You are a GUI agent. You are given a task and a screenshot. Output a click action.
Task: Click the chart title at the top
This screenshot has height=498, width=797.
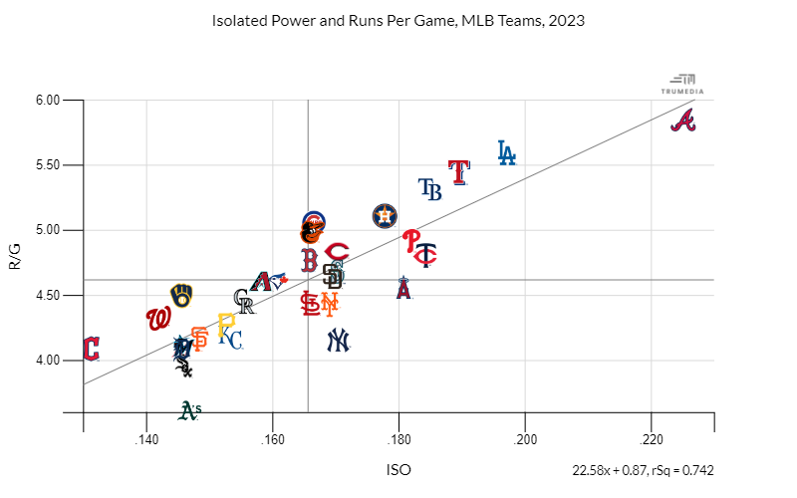(398, 20)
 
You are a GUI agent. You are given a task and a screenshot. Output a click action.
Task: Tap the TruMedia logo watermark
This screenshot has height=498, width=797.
(682, 84)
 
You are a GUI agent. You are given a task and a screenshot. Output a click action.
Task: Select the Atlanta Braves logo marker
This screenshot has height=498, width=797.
(682, 122)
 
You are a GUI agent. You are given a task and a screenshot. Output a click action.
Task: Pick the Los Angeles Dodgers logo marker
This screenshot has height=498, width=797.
(507, 152)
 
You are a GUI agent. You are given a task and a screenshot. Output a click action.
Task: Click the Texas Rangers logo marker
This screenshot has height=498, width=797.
(458, 171)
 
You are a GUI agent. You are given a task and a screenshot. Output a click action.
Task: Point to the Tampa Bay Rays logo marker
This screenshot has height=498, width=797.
(430, 188)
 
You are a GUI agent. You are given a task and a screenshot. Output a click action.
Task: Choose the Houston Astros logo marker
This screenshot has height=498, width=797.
(385, 215)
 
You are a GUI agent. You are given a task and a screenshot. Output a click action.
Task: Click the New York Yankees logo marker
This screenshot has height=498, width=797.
(339, 341)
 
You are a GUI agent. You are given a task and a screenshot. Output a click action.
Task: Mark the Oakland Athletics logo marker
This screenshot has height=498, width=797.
(190, 408)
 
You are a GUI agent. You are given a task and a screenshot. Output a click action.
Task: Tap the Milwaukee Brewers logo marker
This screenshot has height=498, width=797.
(181, 295)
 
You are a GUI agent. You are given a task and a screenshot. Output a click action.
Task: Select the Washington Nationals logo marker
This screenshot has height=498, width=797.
(157, 319)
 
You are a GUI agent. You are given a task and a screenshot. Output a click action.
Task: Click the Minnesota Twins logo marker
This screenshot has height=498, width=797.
(425, 255)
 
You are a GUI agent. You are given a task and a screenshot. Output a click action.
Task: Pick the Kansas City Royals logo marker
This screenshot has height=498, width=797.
(230, 340)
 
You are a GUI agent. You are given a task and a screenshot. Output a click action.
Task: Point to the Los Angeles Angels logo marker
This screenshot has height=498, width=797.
(403, 288)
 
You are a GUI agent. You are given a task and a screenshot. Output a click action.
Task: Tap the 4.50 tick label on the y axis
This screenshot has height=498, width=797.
(48, 295)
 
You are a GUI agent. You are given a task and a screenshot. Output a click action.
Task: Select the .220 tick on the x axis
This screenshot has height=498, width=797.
(652, 439)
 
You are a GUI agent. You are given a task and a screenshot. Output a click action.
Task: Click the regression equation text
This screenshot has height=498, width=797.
(643, 470)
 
